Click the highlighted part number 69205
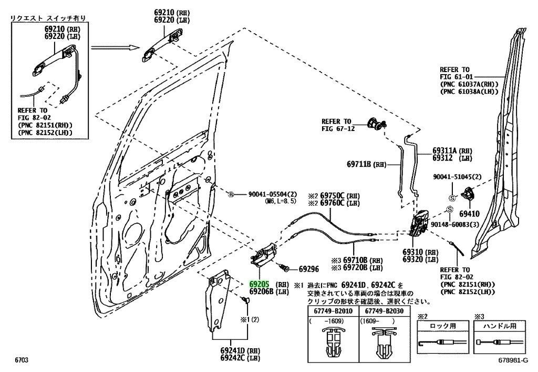pos(260,283)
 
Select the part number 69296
pos(309,269)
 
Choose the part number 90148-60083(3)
pos(456,224)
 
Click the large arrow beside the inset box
pos(114,49)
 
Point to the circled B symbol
pos(230,195)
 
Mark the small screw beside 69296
pos(285,268)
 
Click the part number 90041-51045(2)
pos(455,177)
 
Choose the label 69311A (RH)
pos(452,149)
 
